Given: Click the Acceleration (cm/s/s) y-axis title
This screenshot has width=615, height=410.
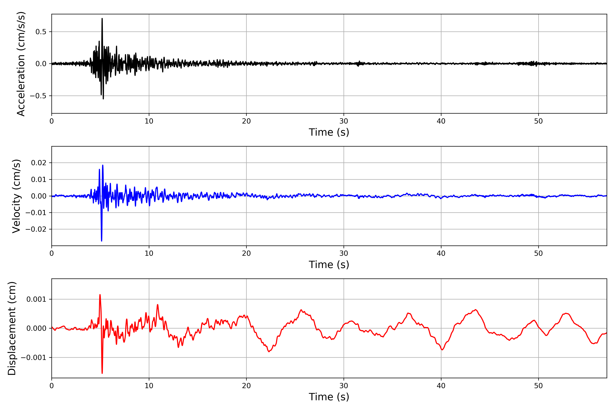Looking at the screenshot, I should coord(21,64).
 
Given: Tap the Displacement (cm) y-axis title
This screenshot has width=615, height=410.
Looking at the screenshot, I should coord(12,328).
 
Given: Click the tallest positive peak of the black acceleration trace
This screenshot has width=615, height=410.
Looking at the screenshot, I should coord(102,19).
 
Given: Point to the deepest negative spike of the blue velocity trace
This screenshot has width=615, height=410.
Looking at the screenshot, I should coord(101,241).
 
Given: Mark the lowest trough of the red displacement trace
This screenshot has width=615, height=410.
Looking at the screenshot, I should coord(102,373).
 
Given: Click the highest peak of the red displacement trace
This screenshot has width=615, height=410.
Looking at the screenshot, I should coord(100,295).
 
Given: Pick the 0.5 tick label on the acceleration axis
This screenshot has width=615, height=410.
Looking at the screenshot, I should coord(41,32).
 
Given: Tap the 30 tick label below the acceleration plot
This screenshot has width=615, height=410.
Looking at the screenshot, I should coord(344,121).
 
